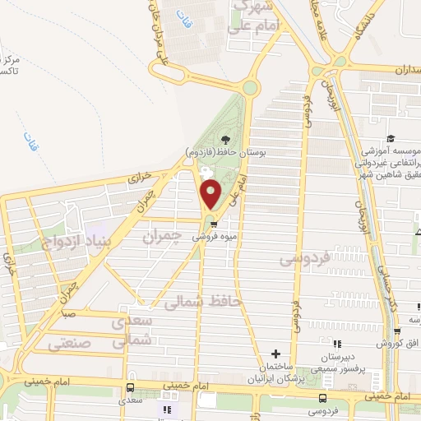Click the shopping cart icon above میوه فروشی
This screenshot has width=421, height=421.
[x=214, y=223]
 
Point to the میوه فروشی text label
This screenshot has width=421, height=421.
[x=216, y=236]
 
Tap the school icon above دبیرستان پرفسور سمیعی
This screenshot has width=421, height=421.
[x=337, y=345]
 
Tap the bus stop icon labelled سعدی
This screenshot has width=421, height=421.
[x=131, y=387]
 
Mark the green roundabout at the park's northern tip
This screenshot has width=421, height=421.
[x=249, y=87]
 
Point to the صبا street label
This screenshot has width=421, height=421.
[x=67, y=314]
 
